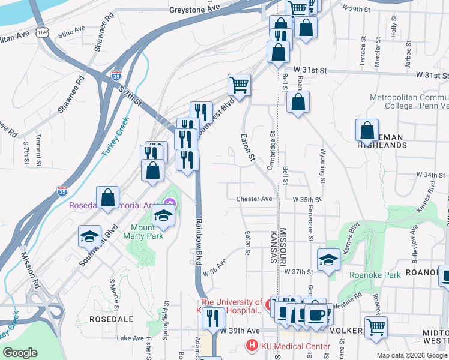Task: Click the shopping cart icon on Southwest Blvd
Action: coord(239,85)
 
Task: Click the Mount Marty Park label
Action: coord(147,232)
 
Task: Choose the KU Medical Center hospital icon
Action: coord(252,346)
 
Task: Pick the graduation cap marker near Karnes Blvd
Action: coord(328,259)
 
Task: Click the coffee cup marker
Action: coord(316,314)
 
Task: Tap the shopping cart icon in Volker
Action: coord(376,327)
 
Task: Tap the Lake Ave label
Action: coord(130,338)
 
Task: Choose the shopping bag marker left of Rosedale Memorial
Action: coord(107,197)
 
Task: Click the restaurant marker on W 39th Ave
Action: coord(212,317)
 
